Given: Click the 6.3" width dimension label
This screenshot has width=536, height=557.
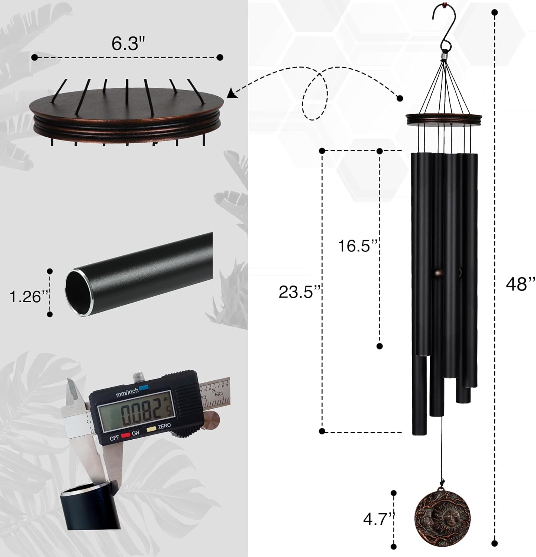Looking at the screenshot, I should click(x=127, y=43).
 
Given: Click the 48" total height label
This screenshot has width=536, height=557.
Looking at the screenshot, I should click(x=520, y=284).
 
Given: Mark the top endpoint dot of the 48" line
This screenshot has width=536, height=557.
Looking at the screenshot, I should click(x=494, y=13).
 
